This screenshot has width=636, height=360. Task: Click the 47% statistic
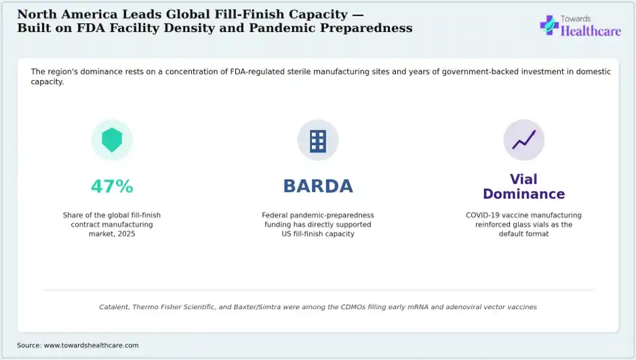(x=112, y=186)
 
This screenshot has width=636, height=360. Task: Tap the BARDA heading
(x=318, y=186)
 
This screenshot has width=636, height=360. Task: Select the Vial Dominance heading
(x=523, y=186)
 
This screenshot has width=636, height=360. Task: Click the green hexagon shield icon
(x=112, y=140)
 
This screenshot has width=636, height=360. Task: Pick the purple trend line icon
(x=523, y=140)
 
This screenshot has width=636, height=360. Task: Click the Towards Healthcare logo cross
(x=549, y=25)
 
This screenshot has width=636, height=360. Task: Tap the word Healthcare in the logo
(x=591, y=31)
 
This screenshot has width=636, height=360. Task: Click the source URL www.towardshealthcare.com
(x=92, y=345)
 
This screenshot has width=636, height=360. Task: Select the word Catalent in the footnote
(x=114, y=307)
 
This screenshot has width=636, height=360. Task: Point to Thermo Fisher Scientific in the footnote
(x=174, y=307)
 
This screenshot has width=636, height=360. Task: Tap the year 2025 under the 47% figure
(x=126, y=234)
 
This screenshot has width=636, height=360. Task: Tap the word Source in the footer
(x=28, y=345)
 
